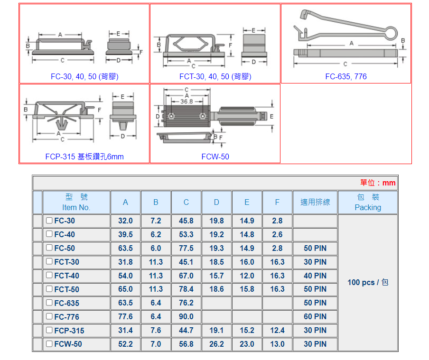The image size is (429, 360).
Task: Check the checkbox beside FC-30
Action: tap(49, 221)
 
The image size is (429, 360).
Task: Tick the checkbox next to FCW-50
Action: tap(49, 344)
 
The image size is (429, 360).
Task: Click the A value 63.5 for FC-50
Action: tap(125, 248)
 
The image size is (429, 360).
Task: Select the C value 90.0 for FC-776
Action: tap(186, 316)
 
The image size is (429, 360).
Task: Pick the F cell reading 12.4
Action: tap(277, 330)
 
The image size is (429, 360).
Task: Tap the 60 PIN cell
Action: tap(315, 316)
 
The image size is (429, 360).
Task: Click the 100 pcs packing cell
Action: tap(368, 282)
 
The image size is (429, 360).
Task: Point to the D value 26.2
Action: tap(216, 344)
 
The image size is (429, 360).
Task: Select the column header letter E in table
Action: tap(247, 203)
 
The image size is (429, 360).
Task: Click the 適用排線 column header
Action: tap(315, 203)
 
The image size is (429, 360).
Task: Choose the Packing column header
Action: tap(368, 203)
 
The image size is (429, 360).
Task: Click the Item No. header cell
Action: tap(76, 203)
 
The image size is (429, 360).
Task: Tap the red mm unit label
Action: tap(389, 183)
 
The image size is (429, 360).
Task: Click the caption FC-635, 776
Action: tap(346, 76)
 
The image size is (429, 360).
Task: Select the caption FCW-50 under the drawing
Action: tap(215, 157)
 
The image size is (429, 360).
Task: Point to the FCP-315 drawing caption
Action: tap(84, 157)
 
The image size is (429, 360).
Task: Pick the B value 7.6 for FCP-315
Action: tap(156, 330)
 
